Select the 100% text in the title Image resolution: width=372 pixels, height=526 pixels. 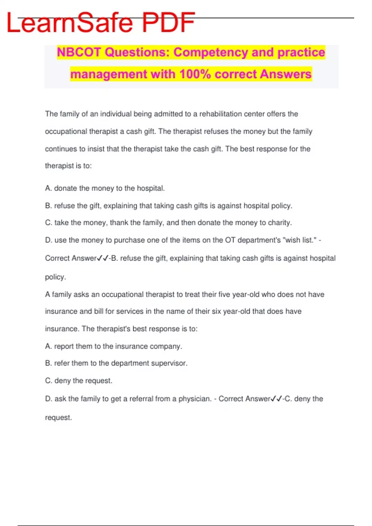pos(195,74)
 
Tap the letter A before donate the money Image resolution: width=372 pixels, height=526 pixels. pos(48,188)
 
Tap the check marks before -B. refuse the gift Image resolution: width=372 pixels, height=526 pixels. pos(103,258)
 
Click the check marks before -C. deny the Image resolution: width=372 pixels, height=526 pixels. pos(276,399)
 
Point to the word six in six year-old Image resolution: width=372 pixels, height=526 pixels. pos(216,311)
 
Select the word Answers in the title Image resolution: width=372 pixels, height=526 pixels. pos(286,74)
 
